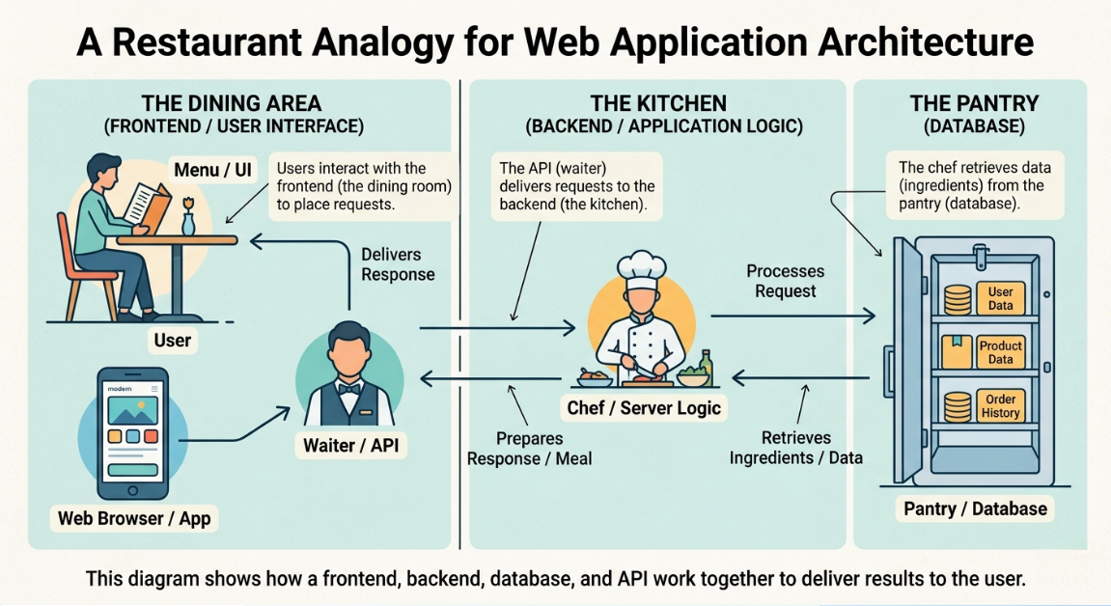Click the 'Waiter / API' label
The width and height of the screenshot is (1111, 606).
(x=350, y=445)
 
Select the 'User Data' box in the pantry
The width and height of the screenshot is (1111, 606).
(x=1000, y=298)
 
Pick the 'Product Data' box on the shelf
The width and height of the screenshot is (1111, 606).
(x=1000, y=352)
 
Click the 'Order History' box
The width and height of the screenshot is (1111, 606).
(x=1000, y=406)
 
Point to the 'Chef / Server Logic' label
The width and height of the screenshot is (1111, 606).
(x=644, y=407)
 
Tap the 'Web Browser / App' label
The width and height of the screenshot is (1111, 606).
(x=134, y=518)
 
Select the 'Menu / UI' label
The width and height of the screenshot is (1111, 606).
(x=212, y=170)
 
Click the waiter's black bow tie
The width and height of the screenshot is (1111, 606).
(x=349, y=388)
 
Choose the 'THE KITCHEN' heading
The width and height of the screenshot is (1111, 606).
(x=658, y=103)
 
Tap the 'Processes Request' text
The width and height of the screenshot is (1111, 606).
(x=786, y=281)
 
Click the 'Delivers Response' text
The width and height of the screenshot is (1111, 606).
(x=398, y=264)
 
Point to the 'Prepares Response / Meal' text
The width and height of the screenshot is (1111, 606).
(x=529, y=448)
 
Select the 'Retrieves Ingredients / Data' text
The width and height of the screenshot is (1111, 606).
(x=796, y=448)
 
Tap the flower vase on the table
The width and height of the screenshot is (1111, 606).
(x=188, y=220)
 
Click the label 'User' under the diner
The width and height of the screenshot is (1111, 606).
(x=173, y=340)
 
